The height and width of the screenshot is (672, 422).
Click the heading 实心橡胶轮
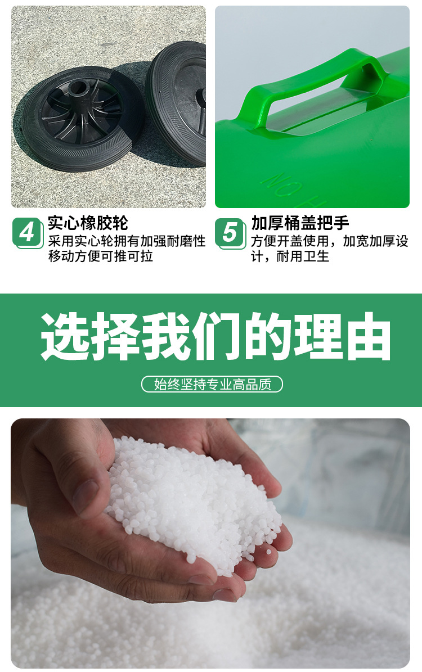tap(88, 223)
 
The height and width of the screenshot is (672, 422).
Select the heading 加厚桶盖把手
tap(300, 223)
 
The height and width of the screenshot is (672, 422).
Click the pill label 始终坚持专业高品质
tap(212, 384)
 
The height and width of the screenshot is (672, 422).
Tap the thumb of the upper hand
tap(84, 478)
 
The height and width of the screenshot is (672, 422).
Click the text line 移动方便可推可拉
tap(101, 256)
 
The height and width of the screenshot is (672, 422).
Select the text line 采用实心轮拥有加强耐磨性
tap(127, 242)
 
